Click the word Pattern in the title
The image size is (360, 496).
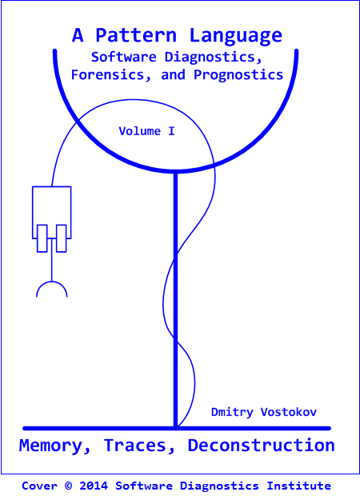click(136, 35)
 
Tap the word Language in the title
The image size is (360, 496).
click(236, 36)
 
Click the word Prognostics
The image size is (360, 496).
click(238, 76)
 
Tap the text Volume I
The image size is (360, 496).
click(146, 131)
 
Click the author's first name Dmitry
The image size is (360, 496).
click(232, 412)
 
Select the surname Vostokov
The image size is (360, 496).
click(289, 412)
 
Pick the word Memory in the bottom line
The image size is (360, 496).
click(54, 446)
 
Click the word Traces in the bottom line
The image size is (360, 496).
click(139, 446)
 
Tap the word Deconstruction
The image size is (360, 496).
click(261, 445)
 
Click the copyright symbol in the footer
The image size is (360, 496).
click(68, 486)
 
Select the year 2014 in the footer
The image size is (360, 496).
click(94, 486)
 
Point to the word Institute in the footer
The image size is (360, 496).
click(298, 486)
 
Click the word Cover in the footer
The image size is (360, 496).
click(39, 486)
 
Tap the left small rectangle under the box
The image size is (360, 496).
click(42, 238)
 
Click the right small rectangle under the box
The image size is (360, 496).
click(62, 238)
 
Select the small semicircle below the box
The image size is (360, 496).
click(51, 282)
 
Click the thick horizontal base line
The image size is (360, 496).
click(177, 428)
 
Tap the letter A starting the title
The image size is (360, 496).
click(78, 35)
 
